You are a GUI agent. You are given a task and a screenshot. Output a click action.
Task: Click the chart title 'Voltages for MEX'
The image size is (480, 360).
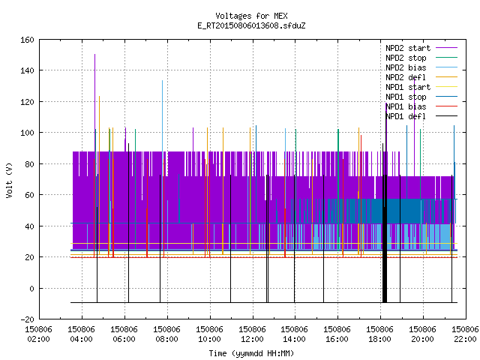coord(251,16)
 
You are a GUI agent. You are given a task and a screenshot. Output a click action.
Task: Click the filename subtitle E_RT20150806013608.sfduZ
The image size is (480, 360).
coord(251,25)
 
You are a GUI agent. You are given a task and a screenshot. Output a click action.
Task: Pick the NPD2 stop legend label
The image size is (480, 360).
coord(406,58)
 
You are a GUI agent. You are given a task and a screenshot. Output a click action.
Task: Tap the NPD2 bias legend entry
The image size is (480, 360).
coord(406,67)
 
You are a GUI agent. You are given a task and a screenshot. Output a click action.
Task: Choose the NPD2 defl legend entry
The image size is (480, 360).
coord(406,77)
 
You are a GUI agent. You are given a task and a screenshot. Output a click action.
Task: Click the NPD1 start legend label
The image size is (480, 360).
coord(408,87)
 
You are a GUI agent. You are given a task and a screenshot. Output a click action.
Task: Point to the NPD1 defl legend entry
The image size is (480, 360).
coord(406,116)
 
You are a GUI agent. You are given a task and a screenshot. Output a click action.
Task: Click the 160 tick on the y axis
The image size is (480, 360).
coord(27,40)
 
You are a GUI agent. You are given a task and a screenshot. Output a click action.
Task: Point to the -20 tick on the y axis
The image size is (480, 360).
coord(27,319)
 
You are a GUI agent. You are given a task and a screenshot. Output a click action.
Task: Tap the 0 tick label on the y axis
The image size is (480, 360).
coord(31,288)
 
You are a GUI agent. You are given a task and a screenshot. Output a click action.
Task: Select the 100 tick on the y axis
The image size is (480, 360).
coord(27,133)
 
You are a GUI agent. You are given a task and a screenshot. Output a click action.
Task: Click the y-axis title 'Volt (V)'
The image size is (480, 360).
coord(9,180)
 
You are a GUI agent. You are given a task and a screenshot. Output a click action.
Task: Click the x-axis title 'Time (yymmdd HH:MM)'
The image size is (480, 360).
coord(251,353)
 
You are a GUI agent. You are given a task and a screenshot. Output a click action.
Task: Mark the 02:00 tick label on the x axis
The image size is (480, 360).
coord(38,339)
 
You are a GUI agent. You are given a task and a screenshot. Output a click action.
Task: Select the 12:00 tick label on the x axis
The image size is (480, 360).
coord(252,339)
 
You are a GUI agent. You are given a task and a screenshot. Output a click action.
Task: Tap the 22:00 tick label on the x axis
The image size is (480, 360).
coord(465,339)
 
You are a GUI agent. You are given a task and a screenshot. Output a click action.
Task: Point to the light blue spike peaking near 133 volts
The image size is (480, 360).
coord(162,116)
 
